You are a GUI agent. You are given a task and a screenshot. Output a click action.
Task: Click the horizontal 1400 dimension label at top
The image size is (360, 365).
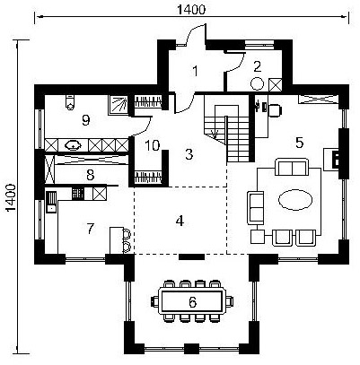click(x=191, y=10)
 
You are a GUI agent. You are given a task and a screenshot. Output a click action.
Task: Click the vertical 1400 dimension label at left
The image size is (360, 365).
click(x=11, y=197)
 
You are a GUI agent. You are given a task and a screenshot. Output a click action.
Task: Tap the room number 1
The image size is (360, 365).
click(x=195, y=72)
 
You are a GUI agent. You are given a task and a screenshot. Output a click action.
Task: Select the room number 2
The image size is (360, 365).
click(x=257, y=66)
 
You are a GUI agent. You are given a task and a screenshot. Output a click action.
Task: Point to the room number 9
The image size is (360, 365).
click(x=86, y=120)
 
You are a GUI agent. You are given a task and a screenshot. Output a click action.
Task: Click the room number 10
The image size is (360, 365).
click(x=152, y=145)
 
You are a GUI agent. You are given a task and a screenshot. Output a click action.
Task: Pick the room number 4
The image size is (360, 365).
click(x=180, y=221)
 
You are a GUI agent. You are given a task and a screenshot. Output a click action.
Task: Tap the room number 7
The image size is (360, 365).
click(x=91, y=229)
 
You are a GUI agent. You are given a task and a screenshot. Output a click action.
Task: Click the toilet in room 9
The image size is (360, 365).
click(x=70, y=102)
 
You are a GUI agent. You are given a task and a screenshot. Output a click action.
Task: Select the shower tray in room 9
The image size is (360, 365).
click(x=118, y=105)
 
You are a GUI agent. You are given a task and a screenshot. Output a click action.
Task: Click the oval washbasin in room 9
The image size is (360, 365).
click(x=74, y=145)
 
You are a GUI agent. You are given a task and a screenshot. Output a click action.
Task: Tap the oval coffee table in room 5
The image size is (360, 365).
click(x=295, y=198)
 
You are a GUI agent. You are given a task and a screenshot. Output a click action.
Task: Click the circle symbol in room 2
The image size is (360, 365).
click(x=257, y=83)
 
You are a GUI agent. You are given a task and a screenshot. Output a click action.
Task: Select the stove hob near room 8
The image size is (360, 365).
click(x=79, y=194)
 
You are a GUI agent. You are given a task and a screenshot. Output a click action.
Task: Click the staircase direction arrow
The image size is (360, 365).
click(x=215, y=134)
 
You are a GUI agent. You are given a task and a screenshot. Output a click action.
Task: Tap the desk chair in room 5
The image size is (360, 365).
click(x=275, y=109)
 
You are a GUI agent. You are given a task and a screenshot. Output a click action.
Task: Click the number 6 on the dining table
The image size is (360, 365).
click(x=192, y=302)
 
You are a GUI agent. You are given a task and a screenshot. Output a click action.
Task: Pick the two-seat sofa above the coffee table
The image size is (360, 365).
click(x=292, y=167)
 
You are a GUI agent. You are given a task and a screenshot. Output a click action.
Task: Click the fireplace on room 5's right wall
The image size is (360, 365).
click(x=331, y=160)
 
